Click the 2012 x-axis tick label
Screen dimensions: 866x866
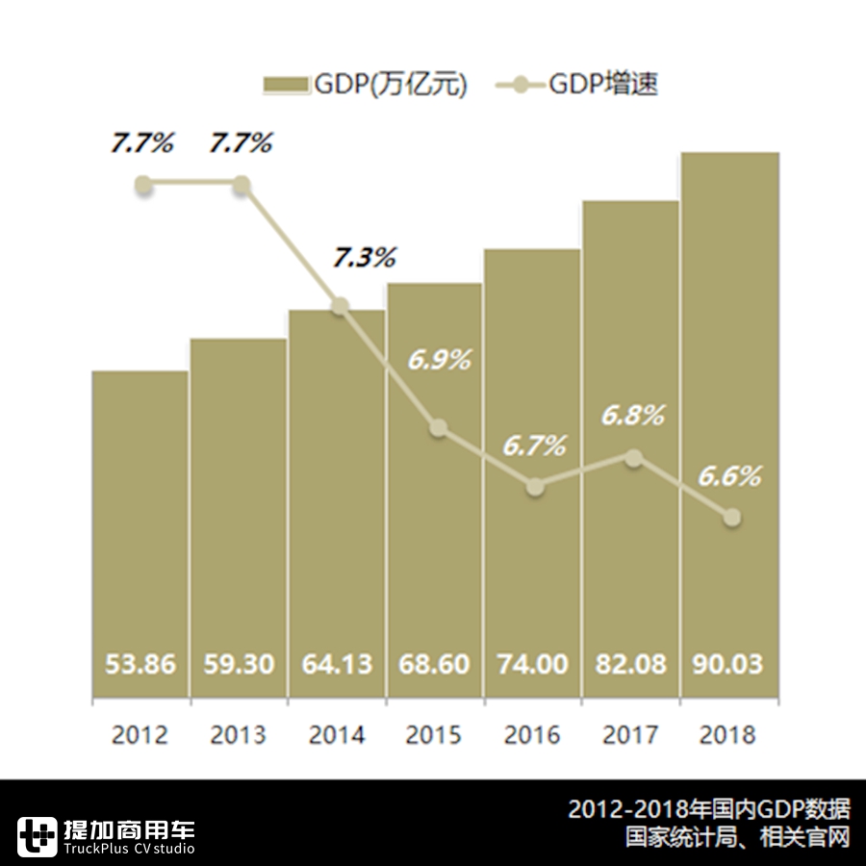click(140, 736)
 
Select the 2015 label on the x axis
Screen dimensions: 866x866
click(434, 736)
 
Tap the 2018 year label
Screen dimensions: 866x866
click(728, 736)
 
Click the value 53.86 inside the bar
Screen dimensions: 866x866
click(140, 665)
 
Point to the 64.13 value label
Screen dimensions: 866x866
click(337, 665)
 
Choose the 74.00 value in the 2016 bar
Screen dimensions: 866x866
click(532, 665)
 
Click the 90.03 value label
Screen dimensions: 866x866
click(728, 665)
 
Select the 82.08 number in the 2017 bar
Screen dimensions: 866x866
click(630, 665)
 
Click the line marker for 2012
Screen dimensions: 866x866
click(143, 185)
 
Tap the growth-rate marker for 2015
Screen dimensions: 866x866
click(438, 428)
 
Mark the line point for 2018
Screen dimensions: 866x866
click(731, 518)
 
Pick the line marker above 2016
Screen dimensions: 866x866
click(536, 487)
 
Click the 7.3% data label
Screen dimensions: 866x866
click(365, 258)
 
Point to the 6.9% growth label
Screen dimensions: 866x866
click(439, 361)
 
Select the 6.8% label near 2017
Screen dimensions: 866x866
click(633, 416)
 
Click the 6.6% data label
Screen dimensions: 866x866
click(729, 475)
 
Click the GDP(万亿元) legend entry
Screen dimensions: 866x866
click(366, 85)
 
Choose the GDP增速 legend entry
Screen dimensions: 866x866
click(577, 85)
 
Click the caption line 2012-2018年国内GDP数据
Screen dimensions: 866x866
click(709, 809)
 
